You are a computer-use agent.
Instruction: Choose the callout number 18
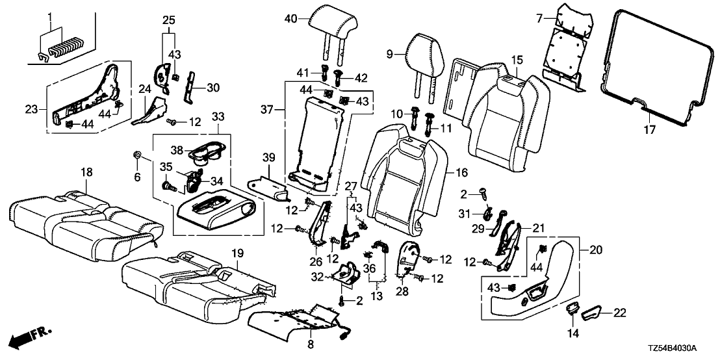[x=86, y=172]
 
